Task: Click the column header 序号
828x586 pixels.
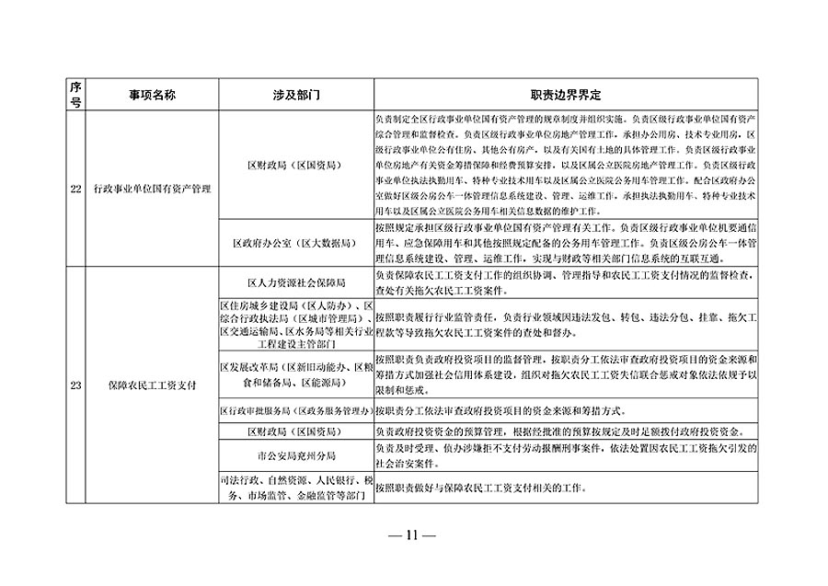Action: pos(75,95)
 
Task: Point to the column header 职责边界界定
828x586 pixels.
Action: pos(565,95)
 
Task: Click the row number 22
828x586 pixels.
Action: pos(75,190)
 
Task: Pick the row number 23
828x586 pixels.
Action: pos(75,385)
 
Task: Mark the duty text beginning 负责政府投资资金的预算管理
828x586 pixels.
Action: pos(561,431)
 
